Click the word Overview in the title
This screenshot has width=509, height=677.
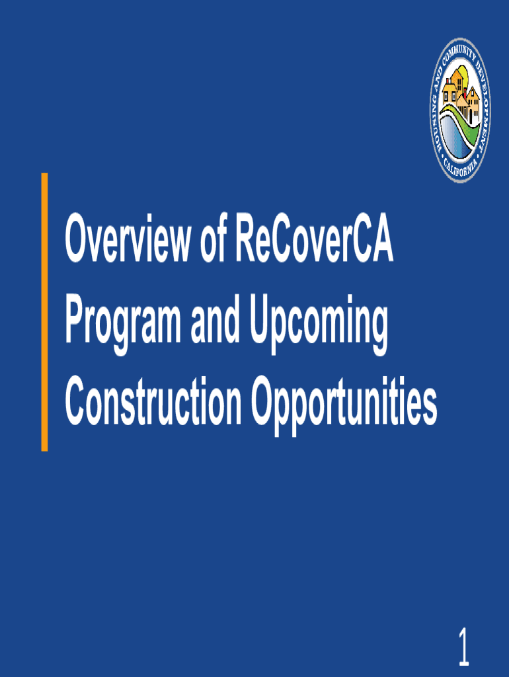coord(127,238)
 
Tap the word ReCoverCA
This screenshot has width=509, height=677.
coord(314,238)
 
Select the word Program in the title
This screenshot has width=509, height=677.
coord(123,323)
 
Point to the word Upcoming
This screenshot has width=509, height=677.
coord(319,323)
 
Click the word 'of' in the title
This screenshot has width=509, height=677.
coord(214,238)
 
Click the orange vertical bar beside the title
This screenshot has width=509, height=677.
coord(44,312)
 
